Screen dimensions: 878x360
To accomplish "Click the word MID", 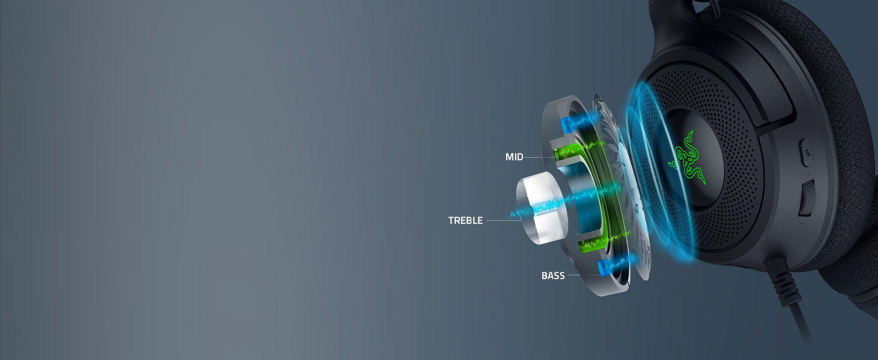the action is pyautogui.click(x=514, y=157).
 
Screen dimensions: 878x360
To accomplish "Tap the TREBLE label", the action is pyautogui.click(x=465, y=220).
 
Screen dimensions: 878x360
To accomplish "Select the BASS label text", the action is pyautogui.click(x=553, y=275).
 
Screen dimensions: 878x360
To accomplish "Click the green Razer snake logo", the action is pyautogui.click(x=687, y=160).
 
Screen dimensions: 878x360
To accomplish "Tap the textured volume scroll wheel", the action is pyautogui.click(x=807, y=197).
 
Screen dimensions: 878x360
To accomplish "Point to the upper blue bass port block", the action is pyautogui.click(x=568, y=124).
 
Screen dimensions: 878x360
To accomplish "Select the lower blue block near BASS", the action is pyautogui.click(x=605, y=267).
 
